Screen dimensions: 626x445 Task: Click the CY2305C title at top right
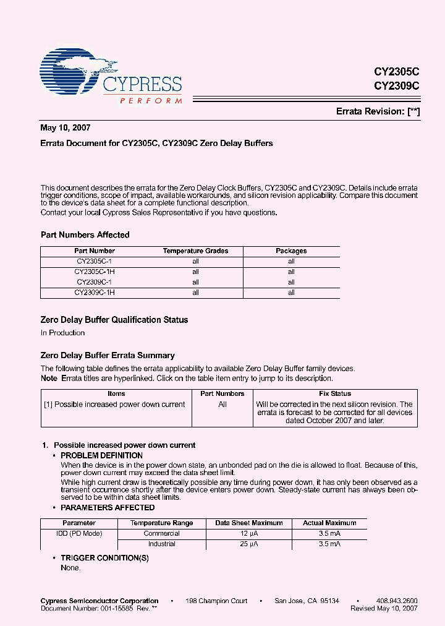tap(396, 72)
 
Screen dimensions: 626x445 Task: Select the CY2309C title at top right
tap(396, 86)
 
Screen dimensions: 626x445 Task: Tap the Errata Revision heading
tap(378, 111)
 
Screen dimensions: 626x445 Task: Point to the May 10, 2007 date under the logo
tap(66, 128)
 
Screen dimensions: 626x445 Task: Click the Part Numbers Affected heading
tap(85, 235)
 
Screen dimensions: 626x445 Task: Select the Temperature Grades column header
tap(195, 251)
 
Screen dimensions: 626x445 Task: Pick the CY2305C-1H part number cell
tap(95, 272)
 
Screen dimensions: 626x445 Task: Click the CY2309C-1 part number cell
tap(95, 282)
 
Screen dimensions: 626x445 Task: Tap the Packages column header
tap(291, 251)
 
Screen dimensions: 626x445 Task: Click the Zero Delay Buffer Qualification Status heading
tap(114, 320)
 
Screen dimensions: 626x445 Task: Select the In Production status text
tap(62, 333)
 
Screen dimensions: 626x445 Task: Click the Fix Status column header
tap(335, 393)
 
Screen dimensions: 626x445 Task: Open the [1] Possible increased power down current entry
tap(114, 405)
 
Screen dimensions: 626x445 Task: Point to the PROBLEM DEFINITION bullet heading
tap(101, 455)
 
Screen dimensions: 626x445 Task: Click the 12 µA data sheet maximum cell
tap(248, 533)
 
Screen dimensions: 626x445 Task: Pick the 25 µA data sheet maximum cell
tap(248, 544)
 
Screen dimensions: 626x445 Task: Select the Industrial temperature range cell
tap(161, 544)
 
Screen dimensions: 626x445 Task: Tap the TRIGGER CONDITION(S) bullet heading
tap(104, 558)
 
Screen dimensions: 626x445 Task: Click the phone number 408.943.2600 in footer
tap(396, 601)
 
